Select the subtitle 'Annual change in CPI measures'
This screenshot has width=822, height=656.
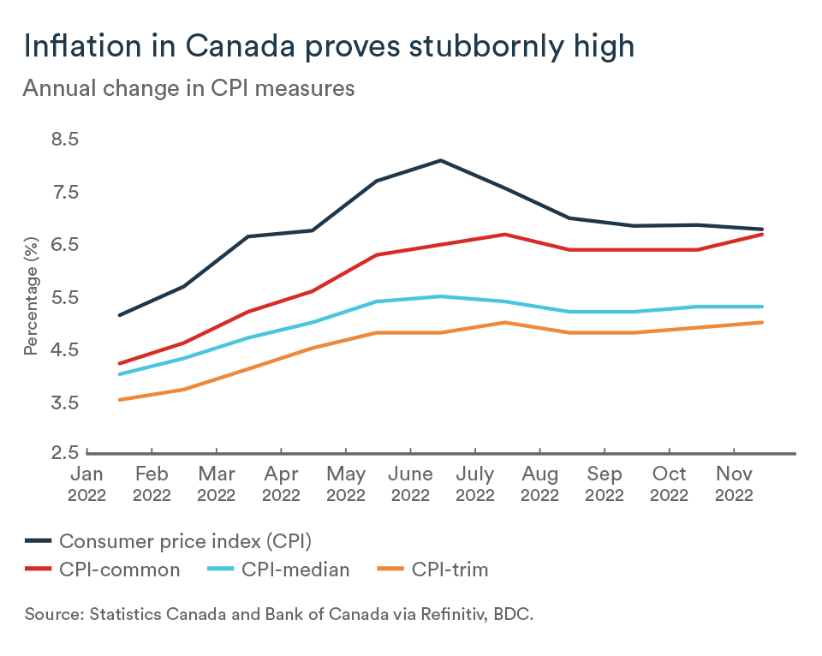[188, 88]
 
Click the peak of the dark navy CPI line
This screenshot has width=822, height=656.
[441, 160]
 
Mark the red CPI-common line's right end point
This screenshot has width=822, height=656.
[763, 234]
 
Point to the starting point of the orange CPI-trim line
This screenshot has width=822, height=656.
[119, 400]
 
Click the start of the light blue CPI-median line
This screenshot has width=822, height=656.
[119, 374]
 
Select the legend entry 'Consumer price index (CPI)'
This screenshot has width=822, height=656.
[183, 540]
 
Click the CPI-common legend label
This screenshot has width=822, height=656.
[119, 570]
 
